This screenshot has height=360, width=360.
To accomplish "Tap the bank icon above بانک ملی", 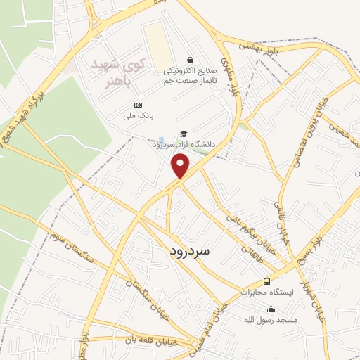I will pos(137,105).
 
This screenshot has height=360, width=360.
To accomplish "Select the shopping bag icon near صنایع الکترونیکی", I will pos(190,61).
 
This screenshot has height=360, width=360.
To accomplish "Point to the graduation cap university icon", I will pos(184,134).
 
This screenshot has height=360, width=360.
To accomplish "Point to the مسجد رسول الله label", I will pos(272,320).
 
